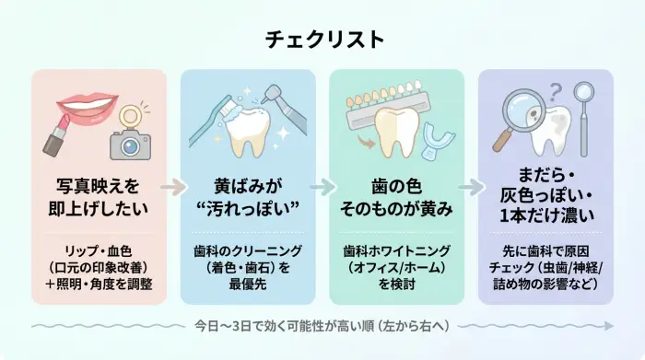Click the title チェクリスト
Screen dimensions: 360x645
pos(322,40)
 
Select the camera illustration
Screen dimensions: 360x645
pos(130,143)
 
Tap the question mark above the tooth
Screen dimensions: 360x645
pos(556,91)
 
